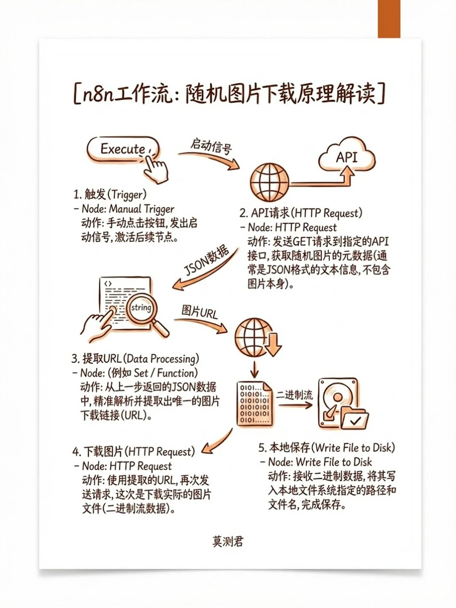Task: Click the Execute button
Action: tap(122, 149)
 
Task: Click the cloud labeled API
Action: tap(346, 157)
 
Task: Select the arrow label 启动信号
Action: tap(211, 146)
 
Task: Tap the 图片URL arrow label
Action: tap(199, 311)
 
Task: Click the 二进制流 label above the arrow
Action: tap(294, 395)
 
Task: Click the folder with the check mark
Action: tap(354, 419)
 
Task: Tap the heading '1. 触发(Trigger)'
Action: tap(110, 194)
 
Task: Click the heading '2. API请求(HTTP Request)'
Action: tap(301, 213)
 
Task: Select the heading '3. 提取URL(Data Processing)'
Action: tap(135, 359)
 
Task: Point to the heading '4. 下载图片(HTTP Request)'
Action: tap(134, 452)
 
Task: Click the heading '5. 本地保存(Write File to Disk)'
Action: tap(326, 448)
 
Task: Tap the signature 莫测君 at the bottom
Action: tap(228, 541)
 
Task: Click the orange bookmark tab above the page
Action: tap(389, 19)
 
